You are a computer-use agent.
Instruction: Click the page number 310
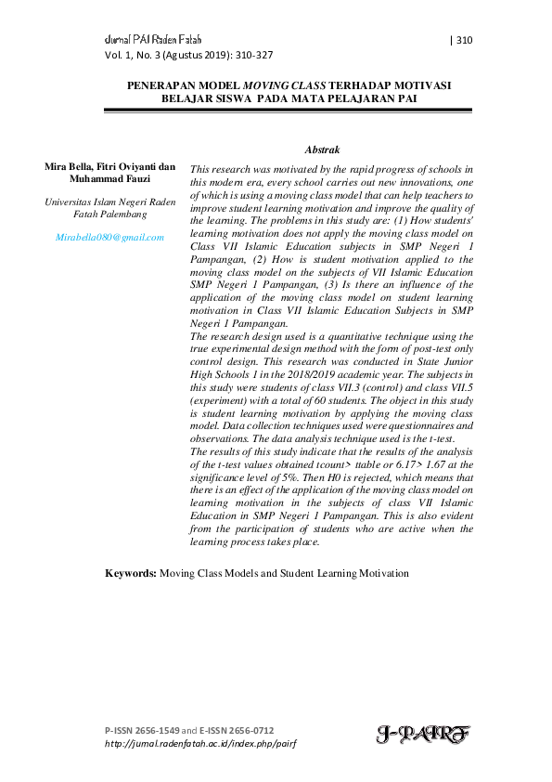465,40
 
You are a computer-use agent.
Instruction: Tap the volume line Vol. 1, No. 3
135,55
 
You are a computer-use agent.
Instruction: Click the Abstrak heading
322,149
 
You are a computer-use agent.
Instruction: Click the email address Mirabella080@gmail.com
109,237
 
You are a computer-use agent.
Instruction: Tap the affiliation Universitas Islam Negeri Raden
109,202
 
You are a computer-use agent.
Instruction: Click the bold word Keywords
130,574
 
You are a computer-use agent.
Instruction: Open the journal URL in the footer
200,744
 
